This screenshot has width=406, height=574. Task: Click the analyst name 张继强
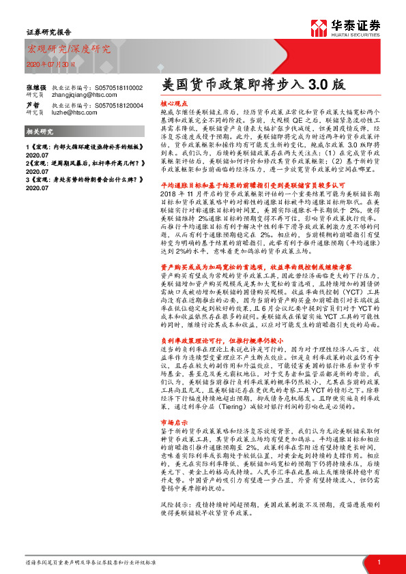click(x=35, y=88)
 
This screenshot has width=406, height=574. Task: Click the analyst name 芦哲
click(x=32, y=106)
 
